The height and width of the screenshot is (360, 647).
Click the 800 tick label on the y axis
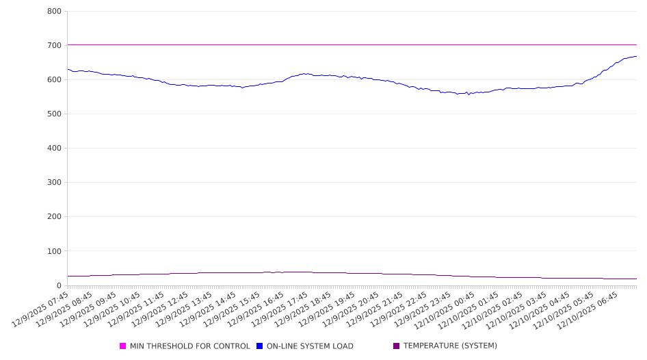click(55, 11)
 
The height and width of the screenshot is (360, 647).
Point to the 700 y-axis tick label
click(55, 45)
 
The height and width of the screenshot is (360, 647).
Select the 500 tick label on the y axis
click(55, 114)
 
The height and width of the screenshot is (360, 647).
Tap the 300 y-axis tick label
click(55, 183)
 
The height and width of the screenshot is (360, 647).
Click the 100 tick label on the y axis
click(55, 251)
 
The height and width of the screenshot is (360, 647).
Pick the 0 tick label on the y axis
click(59, 285)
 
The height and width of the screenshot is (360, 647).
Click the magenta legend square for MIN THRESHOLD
click(123, 346)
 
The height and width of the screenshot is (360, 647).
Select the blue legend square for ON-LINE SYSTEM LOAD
click(260, 346)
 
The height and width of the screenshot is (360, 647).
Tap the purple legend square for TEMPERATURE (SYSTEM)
click(397, 346)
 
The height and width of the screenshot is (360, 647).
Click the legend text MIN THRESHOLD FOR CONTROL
click(189, 346)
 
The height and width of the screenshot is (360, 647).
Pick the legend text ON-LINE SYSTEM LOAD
click(310, 346)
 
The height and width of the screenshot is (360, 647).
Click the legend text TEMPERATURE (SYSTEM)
click(450, 346)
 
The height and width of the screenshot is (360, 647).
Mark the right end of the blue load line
click(636, 56)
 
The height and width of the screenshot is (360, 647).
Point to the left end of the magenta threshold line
click(68, 45)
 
